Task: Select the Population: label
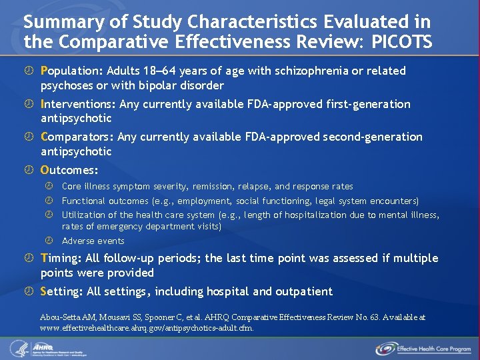pos(69,71)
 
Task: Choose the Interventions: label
pos(77,104)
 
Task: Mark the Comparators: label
pos(77,137)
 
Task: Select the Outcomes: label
pos(69,170)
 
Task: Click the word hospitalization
pos(305,215)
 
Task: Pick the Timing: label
pos(63,258)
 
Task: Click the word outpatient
pos(303,291)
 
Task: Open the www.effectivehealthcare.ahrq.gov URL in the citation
pos(147,328)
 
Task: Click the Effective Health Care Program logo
pos(423,348)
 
